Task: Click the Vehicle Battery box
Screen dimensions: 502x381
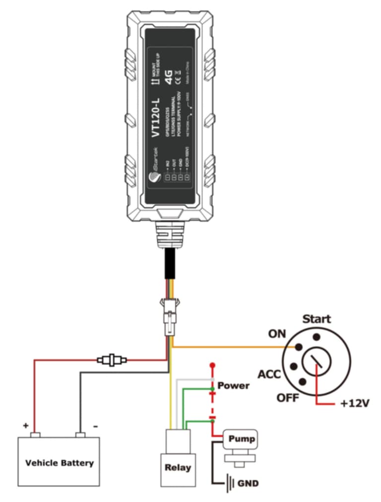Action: pyautogui.click(x=59, y=461)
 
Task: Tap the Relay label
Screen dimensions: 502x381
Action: pyautogui.click(x=177, y=467)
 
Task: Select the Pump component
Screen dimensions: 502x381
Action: pyautogui.click(x=242, y=439)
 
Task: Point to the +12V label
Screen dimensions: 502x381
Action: pyautogui.click(x=355, y=403)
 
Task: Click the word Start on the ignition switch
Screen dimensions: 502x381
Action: pyautogui.click(x=317, y=319)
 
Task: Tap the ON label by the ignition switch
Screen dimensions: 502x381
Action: pyautogui.click(x=277, y=334)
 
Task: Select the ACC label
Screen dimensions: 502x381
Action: pyautogui.click(x=270, y=373)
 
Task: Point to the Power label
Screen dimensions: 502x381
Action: pyautogui.click(x=234, y=385)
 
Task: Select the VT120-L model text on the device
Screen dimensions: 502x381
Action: pyautogui.click(x=155, y=114)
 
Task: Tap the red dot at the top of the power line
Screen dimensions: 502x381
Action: pyautogui.click(x=213, y=365)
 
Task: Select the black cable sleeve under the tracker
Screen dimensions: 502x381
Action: pyautogui.click(x=170, y=266)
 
